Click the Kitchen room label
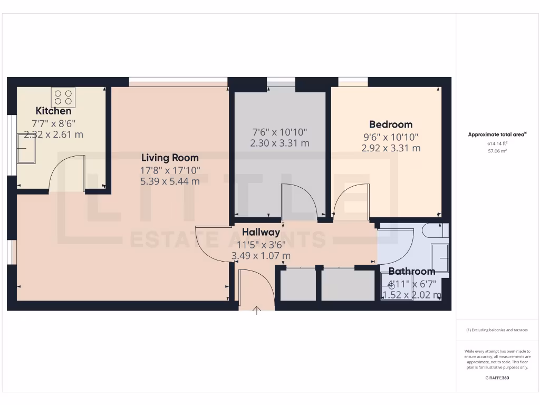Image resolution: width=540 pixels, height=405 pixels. point(53,111)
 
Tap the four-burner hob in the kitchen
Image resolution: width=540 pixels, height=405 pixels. point(63,97)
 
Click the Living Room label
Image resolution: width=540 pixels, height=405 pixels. point(170,158)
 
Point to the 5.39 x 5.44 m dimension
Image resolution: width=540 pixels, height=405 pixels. point(170,181)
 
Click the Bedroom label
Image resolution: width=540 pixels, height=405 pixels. point(391,124)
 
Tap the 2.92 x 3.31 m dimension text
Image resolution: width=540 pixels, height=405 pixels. point(391,148)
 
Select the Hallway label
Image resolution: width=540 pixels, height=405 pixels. point(261,232)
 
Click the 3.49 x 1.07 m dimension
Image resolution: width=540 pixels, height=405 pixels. point(261,256)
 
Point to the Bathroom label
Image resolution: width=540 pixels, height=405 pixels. point(412,272)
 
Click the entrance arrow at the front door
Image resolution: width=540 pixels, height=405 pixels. point(257,310)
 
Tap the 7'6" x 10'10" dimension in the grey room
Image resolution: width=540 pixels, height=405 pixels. point(279,132)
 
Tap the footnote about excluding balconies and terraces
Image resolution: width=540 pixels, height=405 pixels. point(497,330)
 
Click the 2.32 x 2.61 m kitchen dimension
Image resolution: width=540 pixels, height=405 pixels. point(53,134)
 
